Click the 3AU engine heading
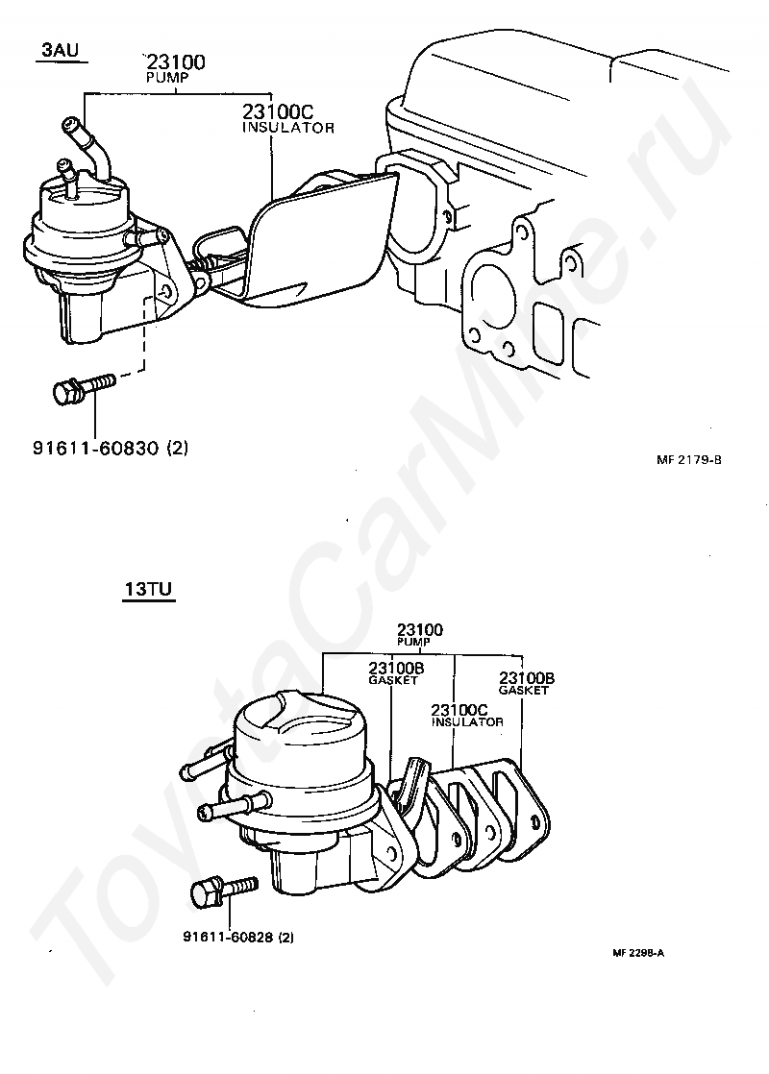point(60,49)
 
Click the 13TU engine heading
point(147,589)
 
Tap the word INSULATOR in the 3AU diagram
point(287,127)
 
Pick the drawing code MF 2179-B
point(689,459)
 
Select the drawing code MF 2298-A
point(638,953)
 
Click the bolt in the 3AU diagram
point(82,389)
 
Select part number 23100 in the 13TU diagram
point(420,630)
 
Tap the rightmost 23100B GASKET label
point(526,683)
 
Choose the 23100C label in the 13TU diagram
point(455,710)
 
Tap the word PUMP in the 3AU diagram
point(163,76)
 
